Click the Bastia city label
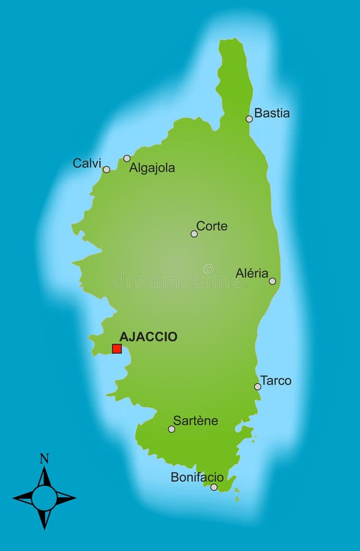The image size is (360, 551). pos(272,113)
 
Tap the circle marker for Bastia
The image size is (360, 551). pos(249,119)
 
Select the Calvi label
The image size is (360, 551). pos(87,163)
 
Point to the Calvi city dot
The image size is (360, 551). pos(107,170)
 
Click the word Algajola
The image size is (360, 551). pos(152,168)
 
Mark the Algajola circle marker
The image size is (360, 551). pos(127,158)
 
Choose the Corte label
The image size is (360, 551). pos(212,227)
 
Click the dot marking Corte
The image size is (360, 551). pos(194,234)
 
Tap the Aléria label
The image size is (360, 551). pos(252,274)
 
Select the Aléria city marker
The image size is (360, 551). pos(272,282)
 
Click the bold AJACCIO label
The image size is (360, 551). pos(148,337)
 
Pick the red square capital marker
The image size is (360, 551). pos(117,349)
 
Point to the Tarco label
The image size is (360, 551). pos(276,381)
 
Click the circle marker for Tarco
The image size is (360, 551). pos(258,386)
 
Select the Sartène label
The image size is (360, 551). pos(195,421)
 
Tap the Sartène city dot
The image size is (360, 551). pos(171,429)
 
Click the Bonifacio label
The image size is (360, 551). pos(197,478)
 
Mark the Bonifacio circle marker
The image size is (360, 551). pos(214,487)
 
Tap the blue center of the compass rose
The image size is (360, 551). pos(44,498)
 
